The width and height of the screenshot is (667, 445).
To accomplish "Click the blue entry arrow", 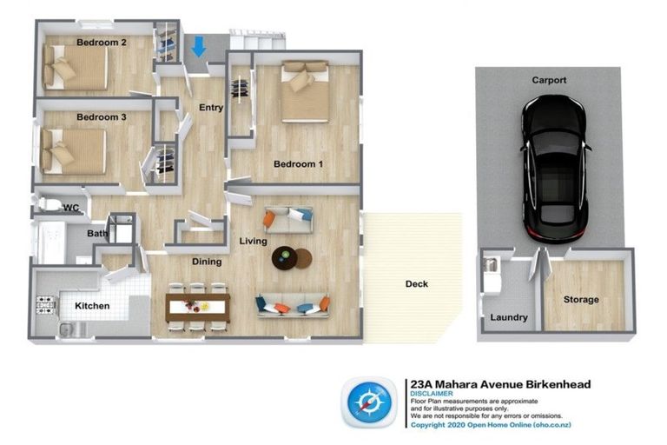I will [x=198, y=46].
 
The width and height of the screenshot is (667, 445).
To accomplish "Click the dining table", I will [x=197, y=305].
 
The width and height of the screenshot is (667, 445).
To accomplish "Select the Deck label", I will [x=417, y=283].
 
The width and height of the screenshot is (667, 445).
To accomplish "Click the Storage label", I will [x=581, y=299].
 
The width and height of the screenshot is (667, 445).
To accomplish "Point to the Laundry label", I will [x=508, y=317].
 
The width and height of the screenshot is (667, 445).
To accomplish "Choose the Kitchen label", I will [x=92, y=306].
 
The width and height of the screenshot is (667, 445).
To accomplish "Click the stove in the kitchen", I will [x=45, y=305].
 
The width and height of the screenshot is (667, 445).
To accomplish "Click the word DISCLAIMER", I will [x=429, y=393].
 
